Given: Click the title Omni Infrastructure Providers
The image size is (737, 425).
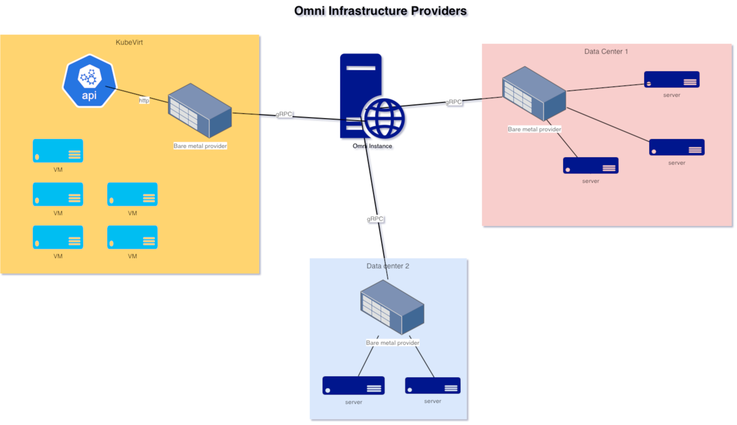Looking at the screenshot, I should click(380, 11).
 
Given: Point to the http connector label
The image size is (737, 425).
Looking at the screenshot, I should click(144, 101).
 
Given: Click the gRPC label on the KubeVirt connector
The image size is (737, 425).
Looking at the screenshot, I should click(284, 114).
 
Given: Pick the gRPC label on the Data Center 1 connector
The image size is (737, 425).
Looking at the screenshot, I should click(453, 102).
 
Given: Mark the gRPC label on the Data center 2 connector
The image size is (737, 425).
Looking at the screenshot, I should click(375, 219).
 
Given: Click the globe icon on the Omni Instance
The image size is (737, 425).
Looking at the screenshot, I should click(383, 118).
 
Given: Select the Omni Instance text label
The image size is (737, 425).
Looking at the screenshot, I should click(372, 146).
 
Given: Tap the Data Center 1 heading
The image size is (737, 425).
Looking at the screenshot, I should click(606, 51).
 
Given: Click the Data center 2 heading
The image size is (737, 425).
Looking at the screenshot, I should click(387, 266).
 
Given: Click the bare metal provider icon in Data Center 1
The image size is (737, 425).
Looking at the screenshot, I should click(534, 96).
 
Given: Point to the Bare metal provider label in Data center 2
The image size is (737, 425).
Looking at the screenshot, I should click(393, 343).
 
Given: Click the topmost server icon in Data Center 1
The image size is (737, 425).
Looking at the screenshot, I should click(672, 79).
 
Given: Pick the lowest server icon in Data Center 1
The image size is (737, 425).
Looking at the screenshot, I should click(591, 165).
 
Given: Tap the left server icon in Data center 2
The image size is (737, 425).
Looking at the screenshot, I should click(354, 386).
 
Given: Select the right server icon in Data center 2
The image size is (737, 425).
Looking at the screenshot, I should click(433, 386).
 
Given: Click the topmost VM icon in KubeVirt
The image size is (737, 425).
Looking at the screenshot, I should click(58, 151).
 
